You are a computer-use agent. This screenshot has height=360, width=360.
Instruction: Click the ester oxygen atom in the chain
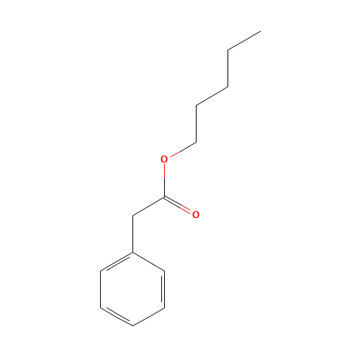pos(164,159)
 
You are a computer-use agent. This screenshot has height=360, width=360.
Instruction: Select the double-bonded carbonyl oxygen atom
pos(196,215)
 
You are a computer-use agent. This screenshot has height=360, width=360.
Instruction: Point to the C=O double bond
pos(178,205)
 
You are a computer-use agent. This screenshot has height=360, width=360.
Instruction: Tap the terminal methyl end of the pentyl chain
pos(261,31)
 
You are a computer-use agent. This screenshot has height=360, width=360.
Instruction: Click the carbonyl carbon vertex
pos(164,197)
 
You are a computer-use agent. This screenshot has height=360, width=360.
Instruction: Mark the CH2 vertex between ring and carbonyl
pos(132,216)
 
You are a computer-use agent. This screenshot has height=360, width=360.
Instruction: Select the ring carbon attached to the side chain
pos(132,253)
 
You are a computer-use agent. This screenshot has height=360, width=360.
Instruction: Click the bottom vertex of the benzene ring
pos(132,325)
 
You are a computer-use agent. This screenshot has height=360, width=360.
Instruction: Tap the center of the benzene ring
pos(132,289)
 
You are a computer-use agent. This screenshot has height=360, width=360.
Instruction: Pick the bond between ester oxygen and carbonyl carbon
pos(164,181)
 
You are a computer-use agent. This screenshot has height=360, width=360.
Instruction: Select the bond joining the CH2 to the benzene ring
pos(132,234)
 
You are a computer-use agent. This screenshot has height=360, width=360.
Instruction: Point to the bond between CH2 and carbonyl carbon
pos(148,207)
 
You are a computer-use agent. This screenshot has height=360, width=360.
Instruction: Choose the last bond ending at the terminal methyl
pos(244,40)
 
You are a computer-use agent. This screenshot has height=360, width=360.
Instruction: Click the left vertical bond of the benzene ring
pos(101,289)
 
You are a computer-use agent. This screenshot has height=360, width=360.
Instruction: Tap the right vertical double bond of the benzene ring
pos(163,289)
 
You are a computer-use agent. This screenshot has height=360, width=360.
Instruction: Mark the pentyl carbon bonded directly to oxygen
pos(197,142)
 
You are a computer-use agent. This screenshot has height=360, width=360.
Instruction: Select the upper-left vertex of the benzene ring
pos(101,271)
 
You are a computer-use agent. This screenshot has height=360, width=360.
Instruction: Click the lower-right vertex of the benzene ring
pos(165,307)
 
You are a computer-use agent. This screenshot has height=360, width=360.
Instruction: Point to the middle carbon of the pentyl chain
pos(228,86)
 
